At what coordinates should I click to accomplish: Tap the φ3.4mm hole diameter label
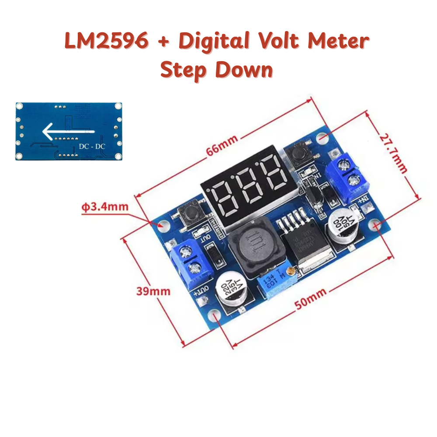point(104,206)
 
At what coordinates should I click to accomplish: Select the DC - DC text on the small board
point(92,146)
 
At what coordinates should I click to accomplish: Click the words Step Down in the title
point(217,70)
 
